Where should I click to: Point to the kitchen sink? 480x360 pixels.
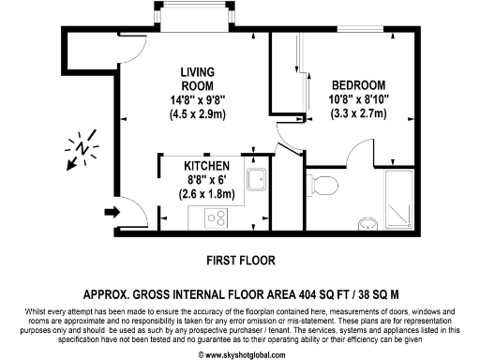click(254, 180)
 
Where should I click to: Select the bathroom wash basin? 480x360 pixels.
click(367, 223)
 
